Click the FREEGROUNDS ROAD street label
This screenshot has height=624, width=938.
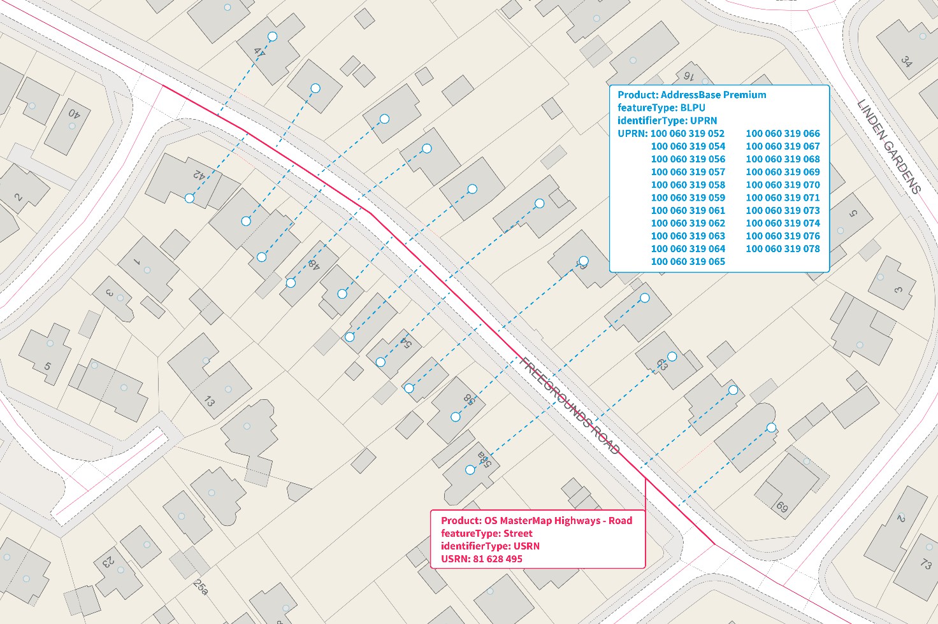tap(570, 406)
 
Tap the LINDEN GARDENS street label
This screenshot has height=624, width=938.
tap(889, 146)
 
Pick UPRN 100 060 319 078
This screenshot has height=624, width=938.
tap(783, 249)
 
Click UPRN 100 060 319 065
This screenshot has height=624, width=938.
tap(688, 262)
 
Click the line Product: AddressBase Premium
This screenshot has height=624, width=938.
tap(691, 95)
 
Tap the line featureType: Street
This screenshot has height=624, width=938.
tap(486, 534)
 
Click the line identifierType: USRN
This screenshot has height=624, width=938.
tap(490, 546)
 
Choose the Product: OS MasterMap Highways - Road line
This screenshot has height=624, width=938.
tap(537, 521)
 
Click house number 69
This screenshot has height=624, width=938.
tap(782, 507)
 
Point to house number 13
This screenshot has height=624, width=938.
tap(209, 401)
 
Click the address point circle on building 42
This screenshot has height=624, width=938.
tap(189, 199)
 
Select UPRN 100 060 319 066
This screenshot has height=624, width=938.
tap(783, 134)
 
